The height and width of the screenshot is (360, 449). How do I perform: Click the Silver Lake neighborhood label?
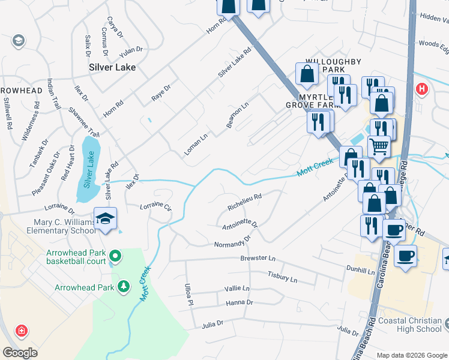coord(112,67)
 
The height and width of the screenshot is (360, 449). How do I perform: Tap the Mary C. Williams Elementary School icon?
coord(106,219)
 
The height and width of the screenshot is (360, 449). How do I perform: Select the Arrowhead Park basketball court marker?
coord(116,257)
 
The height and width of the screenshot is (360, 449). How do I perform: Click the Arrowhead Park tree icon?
coord(124,287)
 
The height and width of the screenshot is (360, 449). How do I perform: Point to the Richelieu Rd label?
coord(244,202)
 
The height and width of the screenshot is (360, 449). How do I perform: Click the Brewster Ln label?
coord(258,259)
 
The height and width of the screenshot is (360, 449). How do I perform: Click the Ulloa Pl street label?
coord(188,293)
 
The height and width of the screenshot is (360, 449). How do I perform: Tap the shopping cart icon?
coord(379,146)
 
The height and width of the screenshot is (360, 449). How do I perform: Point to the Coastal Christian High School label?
coord(411,325)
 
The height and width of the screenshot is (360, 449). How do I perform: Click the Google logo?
coord(20,353)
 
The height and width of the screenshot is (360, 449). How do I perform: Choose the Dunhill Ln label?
coord(360,271)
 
